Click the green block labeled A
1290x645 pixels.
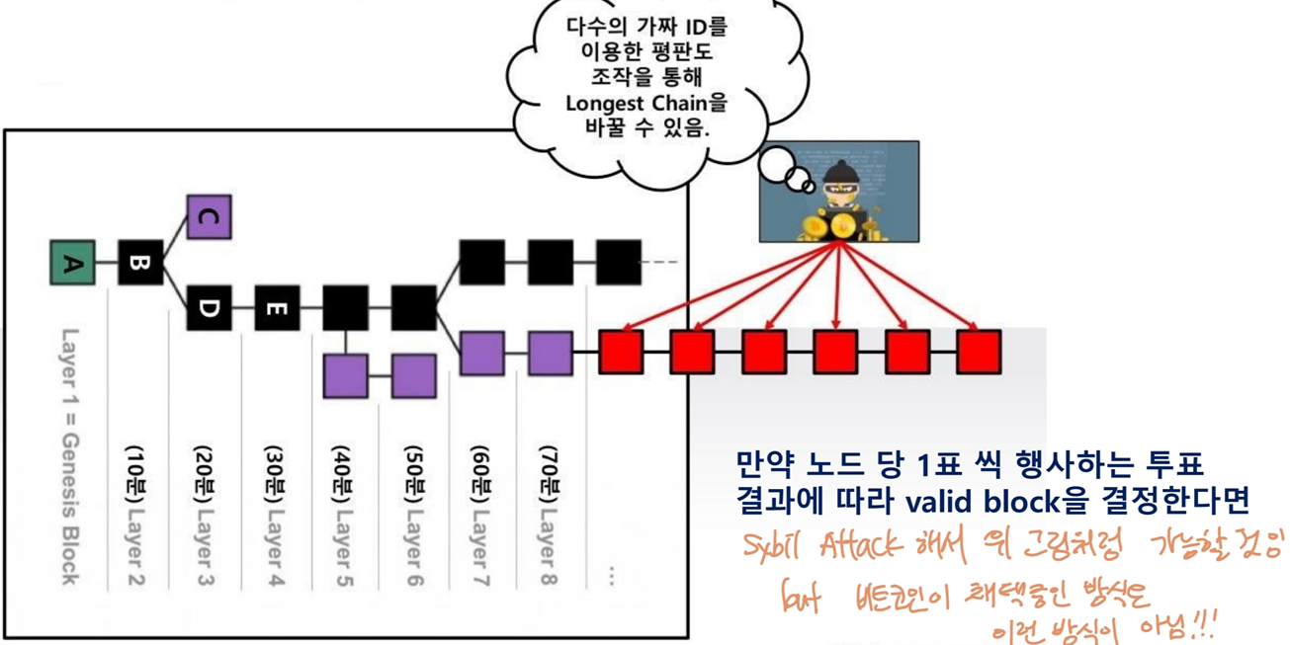[73, 263]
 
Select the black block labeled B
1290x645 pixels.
[140, 263]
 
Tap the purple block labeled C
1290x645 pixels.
[209, 217]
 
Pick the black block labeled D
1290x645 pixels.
[209, 308]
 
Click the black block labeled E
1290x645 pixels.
[277, 308]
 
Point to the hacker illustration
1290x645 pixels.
[839, 192]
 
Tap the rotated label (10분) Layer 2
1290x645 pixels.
[135, 514]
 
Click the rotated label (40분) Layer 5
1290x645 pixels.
[342, 514]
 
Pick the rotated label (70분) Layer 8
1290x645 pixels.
[550, 514]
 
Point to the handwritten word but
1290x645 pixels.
[802, 599]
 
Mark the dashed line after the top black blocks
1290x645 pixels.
[661, 263]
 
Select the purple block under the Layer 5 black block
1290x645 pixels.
[346, 376]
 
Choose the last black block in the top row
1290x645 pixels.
[619, 263]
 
